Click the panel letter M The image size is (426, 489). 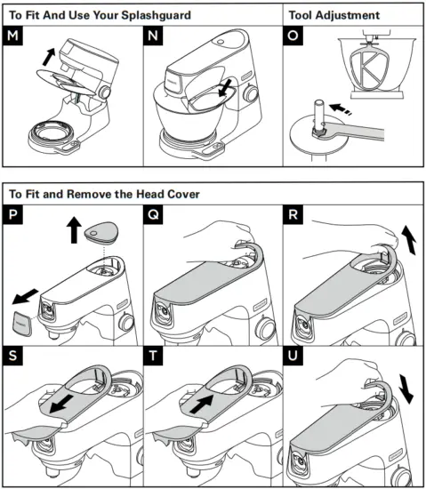tap(12, 36)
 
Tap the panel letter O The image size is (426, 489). tap(293, 36)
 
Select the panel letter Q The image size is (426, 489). tap(153, 214)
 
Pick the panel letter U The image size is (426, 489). tap(293, 356)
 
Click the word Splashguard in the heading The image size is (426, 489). tap(156, 15)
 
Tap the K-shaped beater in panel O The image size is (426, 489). tap(370, 68)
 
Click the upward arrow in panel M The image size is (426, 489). tap(49, 57)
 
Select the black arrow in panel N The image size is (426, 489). tap(226, 88)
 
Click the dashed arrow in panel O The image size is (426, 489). tap(341, 108)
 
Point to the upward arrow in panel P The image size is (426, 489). tap(74, 230)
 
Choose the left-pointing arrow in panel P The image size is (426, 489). tap(25, 297)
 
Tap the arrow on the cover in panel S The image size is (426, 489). tap(61, 405)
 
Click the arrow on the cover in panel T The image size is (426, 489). tap(202, 404)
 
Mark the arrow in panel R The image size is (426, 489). tap(409, 240)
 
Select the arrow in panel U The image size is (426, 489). tap(406, 389)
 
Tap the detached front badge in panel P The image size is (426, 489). tap(22, 324)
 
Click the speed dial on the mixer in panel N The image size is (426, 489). tap(250, 93)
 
